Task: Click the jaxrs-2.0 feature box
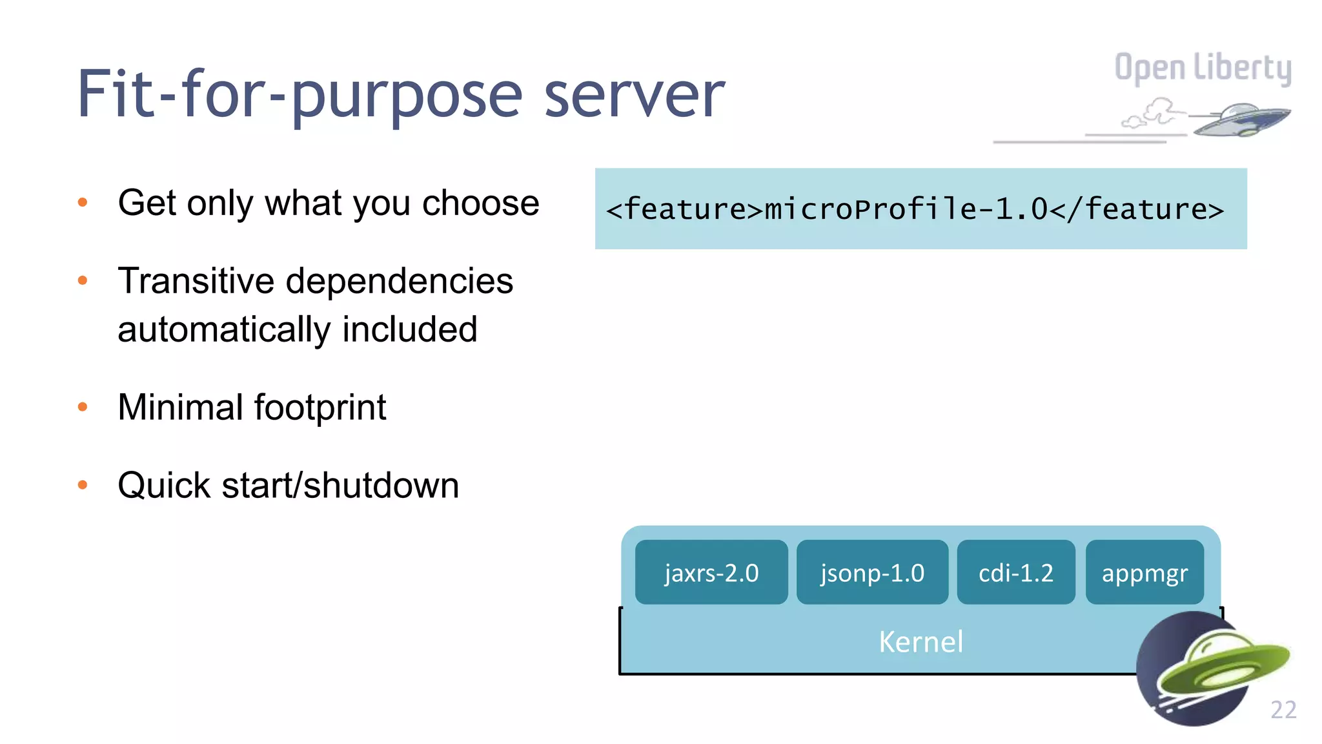(x=711, y=572)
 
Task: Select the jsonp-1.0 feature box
(x=872, y=572)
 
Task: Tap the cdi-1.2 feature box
(x=1015, y=572)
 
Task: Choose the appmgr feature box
(x=1144, y=572)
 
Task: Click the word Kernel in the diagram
(x=920, y=642)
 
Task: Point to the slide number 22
(x=1283, y=710)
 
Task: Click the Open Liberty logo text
(x=1203, y=68)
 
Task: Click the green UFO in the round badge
(x=1220, y=665)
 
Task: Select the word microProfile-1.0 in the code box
(x=906, y=209)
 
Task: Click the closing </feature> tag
(x=1137, y=209)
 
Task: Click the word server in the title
(x=635, y=95)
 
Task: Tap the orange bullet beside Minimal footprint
(x=83, y=407)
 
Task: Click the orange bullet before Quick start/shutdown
(x=83, y=485)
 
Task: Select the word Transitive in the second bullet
(x=196, y=281)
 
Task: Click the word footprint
(x=320, y=408)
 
